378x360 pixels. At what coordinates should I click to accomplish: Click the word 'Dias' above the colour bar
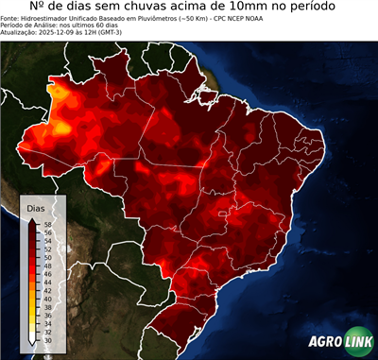click(x=35, y=207)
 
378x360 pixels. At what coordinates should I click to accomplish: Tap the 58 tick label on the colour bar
click(x=46, y=224)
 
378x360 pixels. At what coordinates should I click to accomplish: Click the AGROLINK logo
click(x=339, y=342)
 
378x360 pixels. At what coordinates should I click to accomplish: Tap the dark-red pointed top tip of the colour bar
click(x=32, y=219)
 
